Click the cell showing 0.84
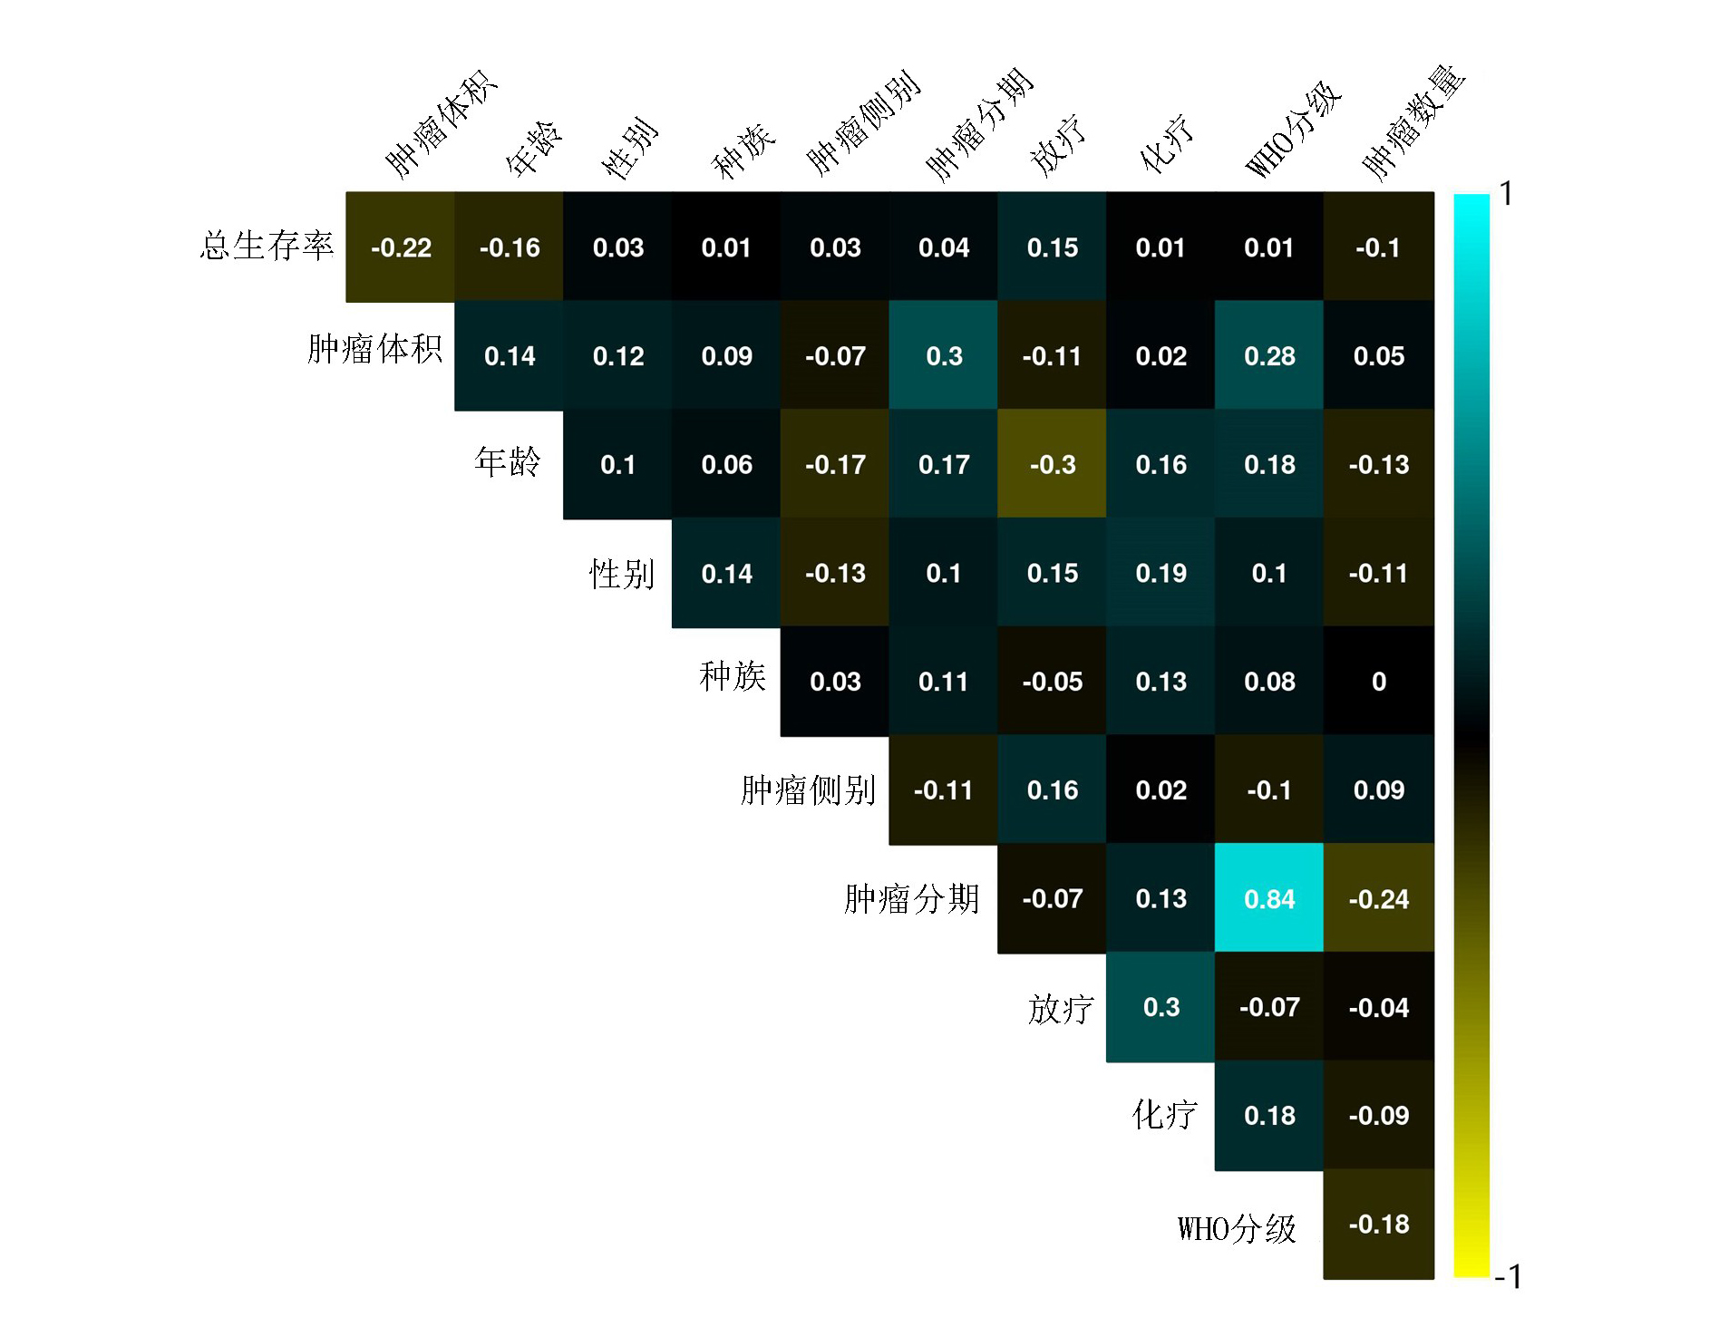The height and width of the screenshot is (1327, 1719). (1268, 898)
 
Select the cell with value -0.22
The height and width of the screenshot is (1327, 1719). (400, 247)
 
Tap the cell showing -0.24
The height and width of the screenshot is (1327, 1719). (1378, 898)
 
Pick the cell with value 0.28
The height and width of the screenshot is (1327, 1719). (1268, 355)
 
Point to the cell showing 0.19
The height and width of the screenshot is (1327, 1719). (1161, 573)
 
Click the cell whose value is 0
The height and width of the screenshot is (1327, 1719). (1378, 681)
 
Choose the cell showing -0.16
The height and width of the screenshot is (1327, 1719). (509, 247)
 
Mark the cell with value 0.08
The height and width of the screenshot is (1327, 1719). (1268, 681)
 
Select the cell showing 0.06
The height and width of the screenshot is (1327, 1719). (726, 464)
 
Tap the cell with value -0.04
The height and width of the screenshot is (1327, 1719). (1378, 1007)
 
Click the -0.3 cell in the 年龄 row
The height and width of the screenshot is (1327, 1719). (1052, 464)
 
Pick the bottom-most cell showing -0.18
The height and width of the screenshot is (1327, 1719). (1378, 1224)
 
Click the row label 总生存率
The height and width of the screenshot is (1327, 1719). (267, 246)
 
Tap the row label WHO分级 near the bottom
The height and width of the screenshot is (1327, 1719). (1237, 1229)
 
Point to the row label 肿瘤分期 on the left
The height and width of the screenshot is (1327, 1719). (911, 899)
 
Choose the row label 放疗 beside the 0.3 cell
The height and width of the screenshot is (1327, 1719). (1060, 1008)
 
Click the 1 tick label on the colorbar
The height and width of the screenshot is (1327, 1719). (1506, 193)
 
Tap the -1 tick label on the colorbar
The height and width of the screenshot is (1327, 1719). (1508, 1276)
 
